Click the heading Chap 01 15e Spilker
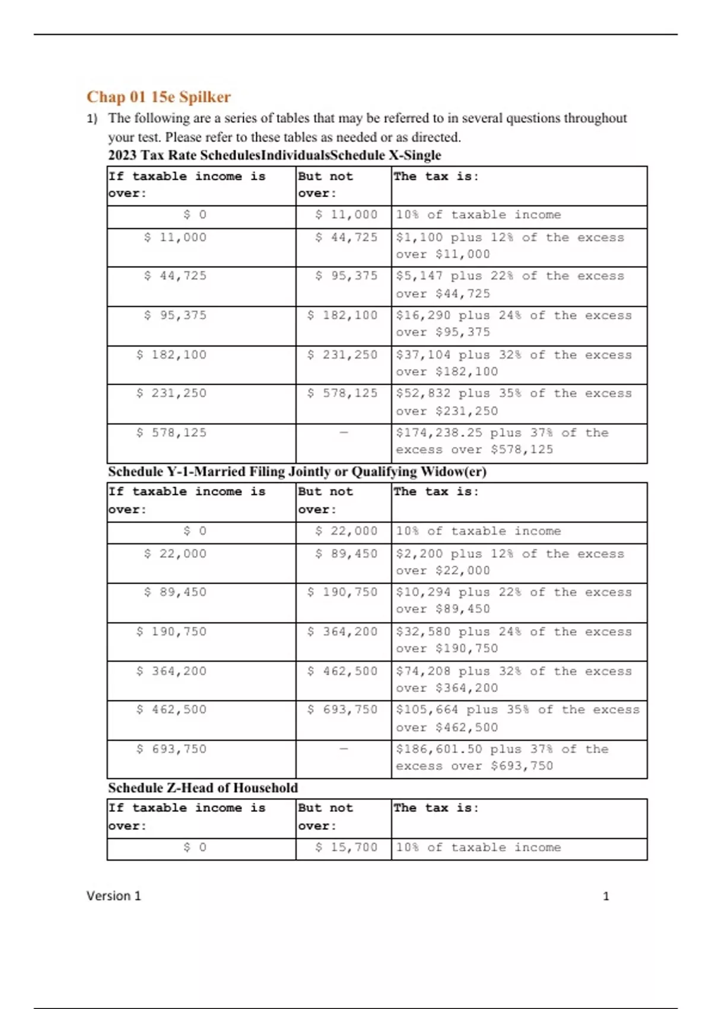click(158, 97)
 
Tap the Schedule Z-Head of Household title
click(203, 788)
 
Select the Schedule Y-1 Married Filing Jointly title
click(297, 471)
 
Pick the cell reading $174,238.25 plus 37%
click(501, 441)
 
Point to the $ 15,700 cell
click(346, 848)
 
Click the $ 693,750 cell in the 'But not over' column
click(342, 710)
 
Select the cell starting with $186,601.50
click(501, 757)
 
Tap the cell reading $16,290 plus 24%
click(513, 323)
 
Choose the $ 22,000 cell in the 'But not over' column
click(346, 531)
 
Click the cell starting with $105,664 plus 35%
click(517, 718)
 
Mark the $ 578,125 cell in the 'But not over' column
click(342, 394)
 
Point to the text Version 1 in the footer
click(113, 896)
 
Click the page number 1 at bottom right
click(606, 896)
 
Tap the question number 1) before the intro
click(92, 119)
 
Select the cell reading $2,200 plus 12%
click(510, 562)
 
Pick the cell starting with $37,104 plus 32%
click(513, 363)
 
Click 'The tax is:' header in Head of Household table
click(436, 808)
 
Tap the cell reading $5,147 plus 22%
click(510, 284)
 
